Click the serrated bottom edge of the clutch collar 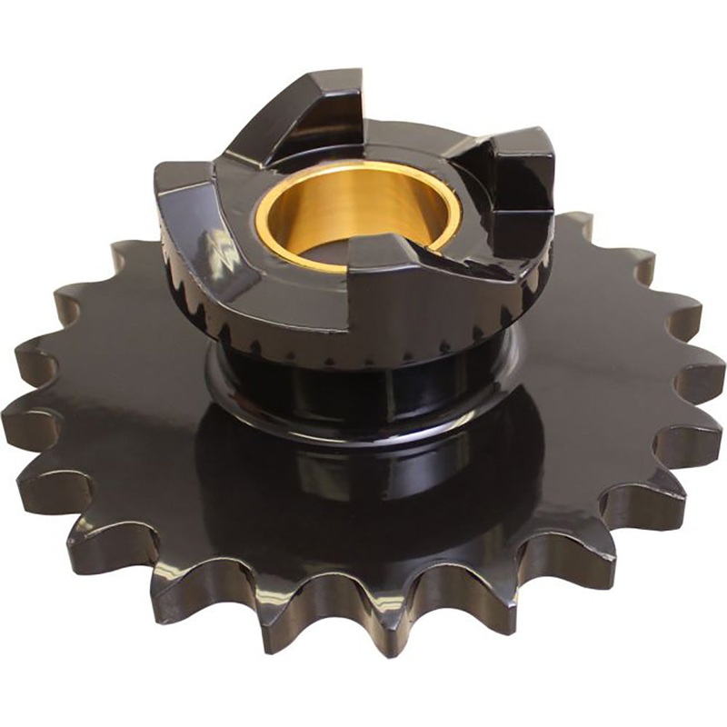click(363, 350)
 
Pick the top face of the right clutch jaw click(518, 145)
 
